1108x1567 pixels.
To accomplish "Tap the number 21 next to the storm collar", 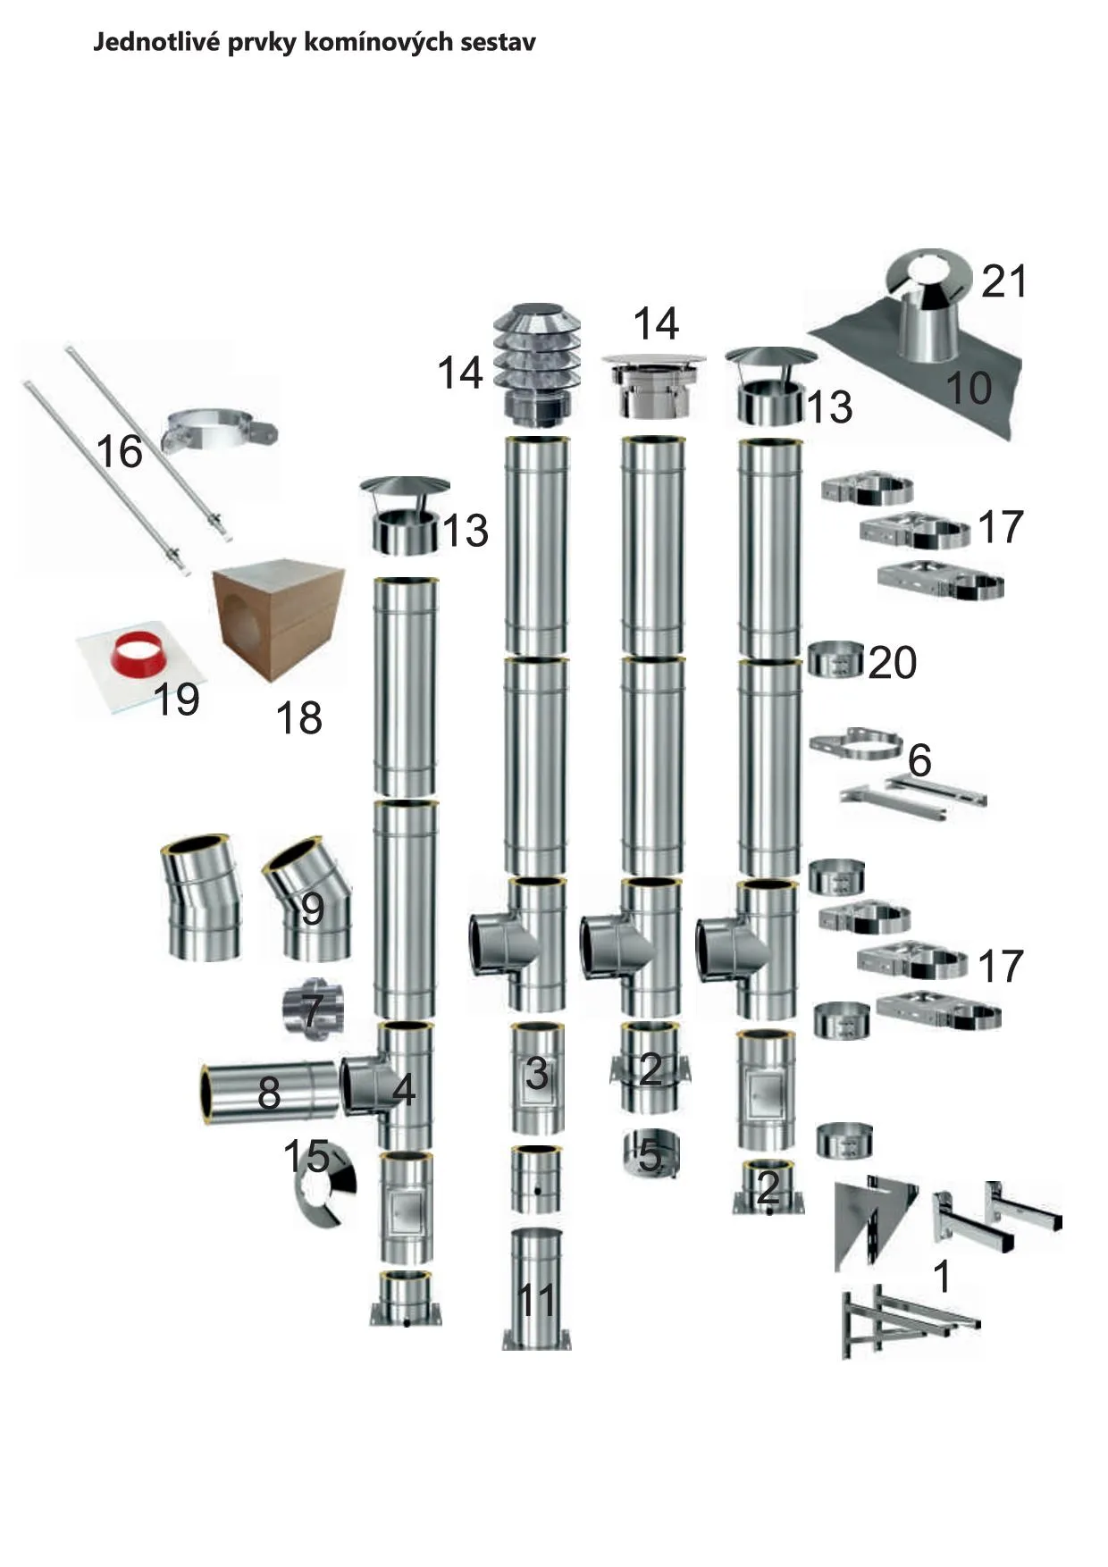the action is [x=1004, y=281].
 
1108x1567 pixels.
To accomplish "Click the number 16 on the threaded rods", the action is [x=119, y=451].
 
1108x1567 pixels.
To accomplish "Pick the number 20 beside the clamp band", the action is [x=892, y=662].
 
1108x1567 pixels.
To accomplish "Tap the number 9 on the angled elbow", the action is [x=312, y=909].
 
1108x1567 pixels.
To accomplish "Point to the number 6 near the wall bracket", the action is [x=919, y=760].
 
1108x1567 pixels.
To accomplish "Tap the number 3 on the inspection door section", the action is [x=536, y=1073].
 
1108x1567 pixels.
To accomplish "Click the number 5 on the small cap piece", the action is [x=650, y=1156].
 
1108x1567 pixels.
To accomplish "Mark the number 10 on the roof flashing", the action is [x=969, y=388].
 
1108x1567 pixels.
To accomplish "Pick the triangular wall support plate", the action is [x=873, y=1225].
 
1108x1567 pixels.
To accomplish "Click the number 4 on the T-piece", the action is [x=404, y=1091].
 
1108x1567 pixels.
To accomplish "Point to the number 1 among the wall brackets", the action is [x=942, y=1277].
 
